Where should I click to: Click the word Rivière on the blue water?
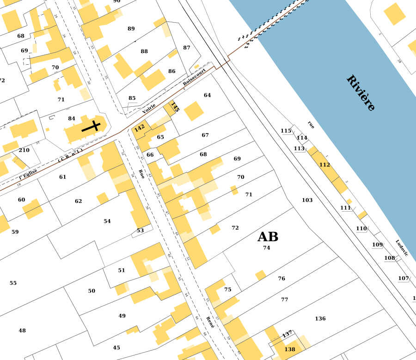tap(361, 93)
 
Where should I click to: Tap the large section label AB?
tap(268, 237)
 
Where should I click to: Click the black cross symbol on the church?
tap(92, 126)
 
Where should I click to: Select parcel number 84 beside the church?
tap(72, 119)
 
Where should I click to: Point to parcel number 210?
tap(24, 150)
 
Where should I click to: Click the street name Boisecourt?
tap(194, 77)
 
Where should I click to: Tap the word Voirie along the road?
tap(149, 109)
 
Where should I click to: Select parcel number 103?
tap(307, 200)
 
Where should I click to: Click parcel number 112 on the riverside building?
tap(324, 165)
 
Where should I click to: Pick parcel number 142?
tap(139, 128)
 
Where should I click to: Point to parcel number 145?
tap(174, 107)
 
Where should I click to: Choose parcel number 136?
tap(320, 318)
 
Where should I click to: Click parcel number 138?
tap(290, 349)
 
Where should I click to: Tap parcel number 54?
tap(107, 221)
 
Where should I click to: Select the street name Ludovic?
tap(402, 248)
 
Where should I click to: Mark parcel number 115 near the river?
tap(286, 131)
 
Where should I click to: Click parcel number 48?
tap(22, 330)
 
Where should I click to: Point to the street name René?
tap(210, 322)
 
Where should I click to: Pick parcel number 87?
tap(187, 48)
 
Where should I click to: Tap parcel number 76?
tap(281, 279)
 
